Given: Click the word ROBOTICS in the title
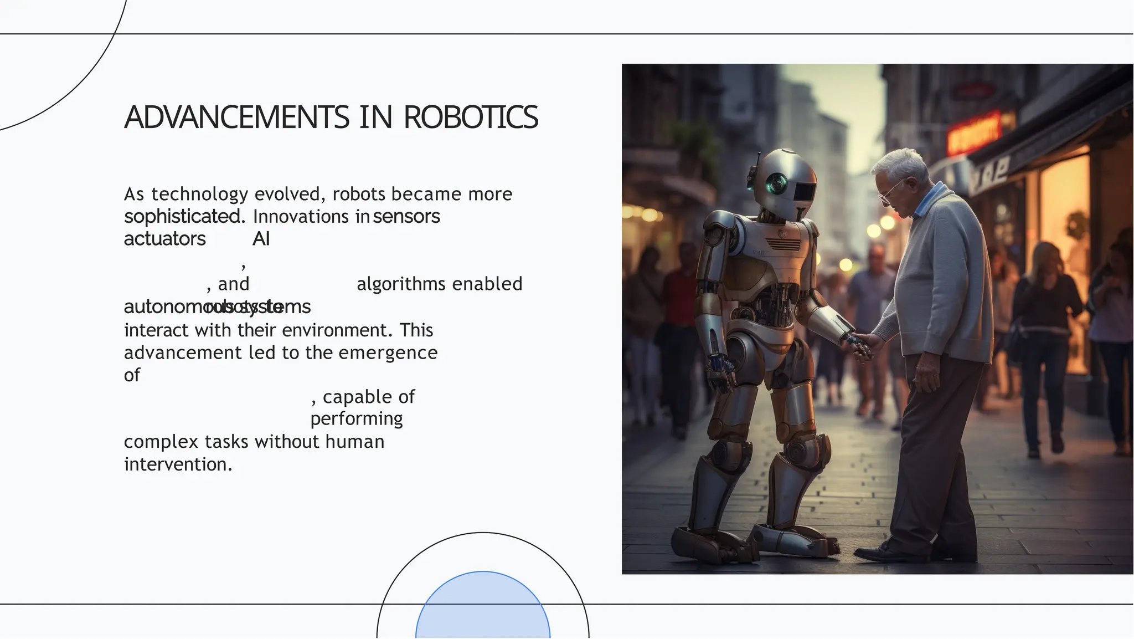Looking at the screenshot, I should click(471, 117).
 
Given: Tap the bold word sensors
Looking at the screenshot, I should click(407, 217).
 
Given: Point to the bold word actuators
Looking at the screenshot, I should click(165, 239).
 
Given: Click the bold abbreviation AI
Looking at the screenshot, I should click(261, 239).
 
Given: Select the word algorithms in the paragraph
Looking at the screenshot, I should click(401, 284).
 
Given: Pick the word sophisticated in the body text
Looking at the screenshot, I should click(183, 217).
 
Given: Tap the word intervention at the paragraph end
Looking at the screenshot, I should click(176, 464).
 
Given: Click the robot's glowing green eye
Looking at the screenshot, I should click(777, 182).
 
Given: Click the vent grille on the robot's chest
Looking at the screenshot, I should click(783, 244).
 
